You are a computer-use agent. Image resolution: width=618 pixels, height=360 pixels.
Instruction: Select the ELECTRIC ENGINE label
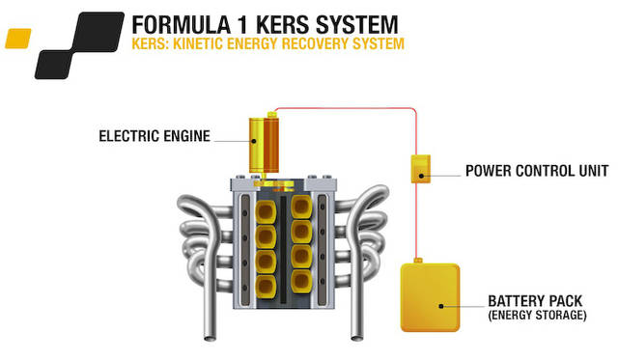pyautogui.click(x=154, y=136)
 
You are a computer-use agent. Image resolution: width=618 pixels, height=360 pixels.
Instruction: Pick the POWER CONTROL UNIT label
pyautogui.click(x=530, y=174)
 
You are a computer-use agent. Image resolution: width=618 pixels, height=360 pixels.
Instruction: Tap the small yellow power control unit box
pyautogui.click(x=420, y=170)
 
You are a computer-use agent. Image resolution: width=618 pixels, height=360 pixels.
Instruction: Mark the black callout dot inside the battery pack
pyautogui.click(x=442, y=306)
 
